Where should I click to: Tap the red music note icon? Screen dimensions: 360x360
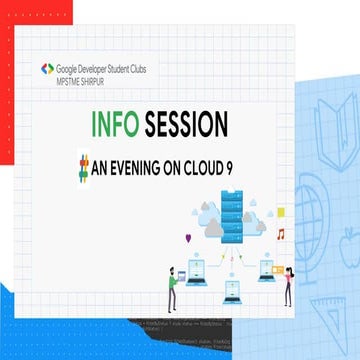pyautogui.click(x=282, y=235)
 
